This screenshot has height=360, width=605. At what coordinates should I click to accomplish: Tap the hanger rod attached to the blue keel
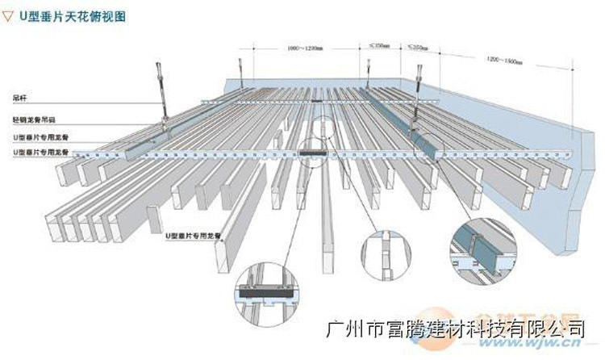pos(419,89)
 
